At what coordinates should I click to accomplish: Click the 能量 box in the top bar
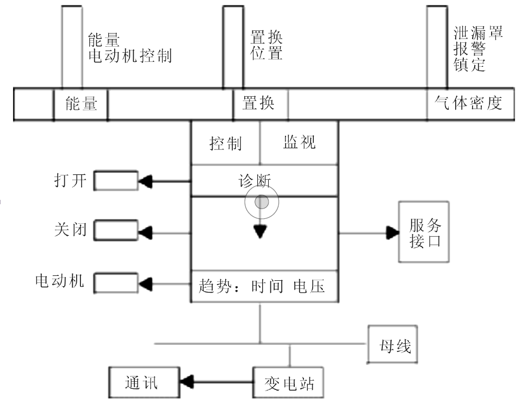click(x=80, y=103)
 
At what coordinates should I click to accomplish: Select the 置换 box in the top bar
click(x=260, y=103)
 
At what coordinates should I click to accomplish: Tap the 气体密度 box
click(x=470, y=103)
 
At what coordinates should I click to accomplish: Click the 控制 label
click(x=226, y=144)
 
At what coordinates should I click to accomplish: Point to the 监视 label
click(x=299, y=143)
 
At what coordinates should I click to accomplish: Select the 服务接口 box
click(x=425, y=232)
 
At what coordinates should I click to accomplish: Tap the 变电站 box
click(x=289, y=383)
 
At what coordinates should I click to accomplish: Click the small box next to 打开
click(x=115, y=181)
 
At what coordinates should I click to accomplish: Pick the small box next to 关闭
click(x=115, y=232)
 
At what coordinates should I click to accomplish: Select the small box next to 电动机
click(x=115, y=283)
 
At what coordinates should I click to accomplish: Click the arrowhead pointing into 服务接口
click(x=393, y=233)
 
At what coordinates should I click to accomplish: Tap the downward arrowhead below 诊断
click(x=260, y=232)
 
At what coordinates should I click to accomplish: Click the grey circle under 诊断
click(x=262, y=202)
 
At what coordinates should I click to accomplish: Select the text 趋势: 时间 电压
click(x=262, y=286)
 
